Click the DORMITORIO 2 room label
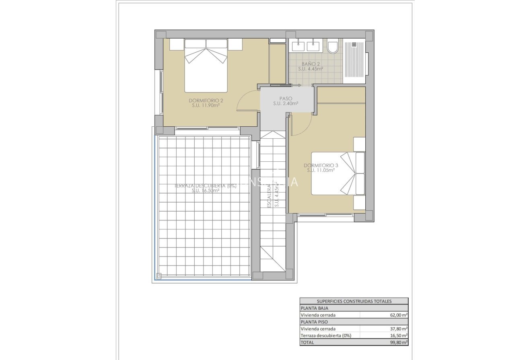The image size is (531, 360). click(x=206, y=101)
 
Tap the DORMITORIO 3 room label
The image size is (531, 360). click(x=321, y=165)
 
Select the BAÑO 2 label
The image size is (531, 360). click(x=311, y=64)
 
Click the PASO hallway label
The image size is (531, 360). click(x=286, y=99)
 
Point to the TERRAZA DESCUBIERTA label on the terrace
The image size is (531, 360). click(x=206, y=186)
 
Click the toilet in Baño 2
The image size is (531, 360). click(x=333, y=47)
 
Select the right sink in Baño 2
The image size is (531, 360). click(x=313, y=46)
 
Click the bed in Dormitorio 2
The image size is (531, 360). click(x=206, y=66)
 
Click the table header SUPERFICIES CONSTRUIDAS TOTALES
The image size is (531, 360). click(x=354, y=301)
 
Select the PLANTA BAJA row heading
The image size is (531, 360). click(x=314, y=308)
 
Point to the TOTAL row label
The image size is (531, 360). click(x=307, y=342)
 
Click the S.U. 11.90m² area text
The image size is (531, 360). click(x=206, y=106)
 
